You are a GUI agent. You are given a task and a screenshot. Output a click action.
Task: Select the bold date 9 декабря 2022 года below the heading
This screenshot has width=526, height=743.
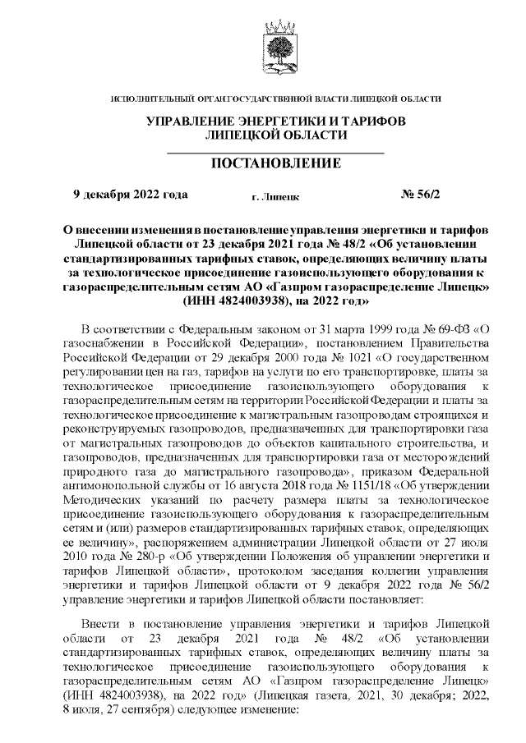tap(131, 195)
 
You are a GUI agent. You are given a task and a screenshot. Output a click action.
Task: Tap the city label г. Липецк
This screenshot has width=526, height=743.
tap(275, 197)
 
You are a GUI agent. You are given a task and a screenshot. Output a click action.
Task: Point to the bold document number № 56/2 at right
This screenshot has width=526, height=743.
tap(420, 195)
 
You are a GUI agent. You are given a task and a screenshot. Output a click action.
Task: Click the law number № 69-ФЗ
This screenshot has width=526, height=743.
tap(445, 329)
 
